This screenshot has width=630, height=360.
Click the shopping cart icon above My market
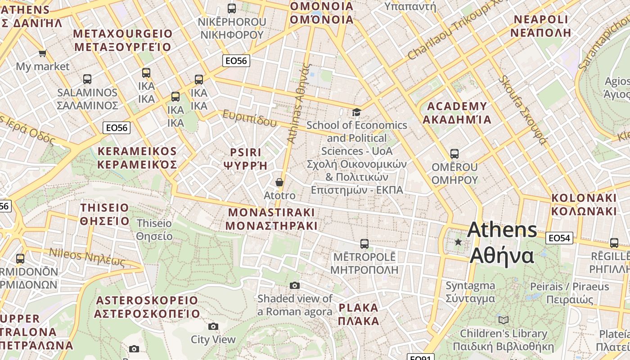(x=43, y=54)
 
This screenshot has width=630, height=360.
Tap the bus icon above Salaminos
(x=87, y=79)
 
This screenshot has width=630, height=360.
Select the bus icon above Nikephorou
(x=232, y=8)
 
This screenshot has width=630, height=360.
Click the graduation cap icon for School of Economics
(x=356, y=112)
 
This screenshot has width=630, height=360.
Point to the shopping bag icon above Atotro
(x=279, y=182)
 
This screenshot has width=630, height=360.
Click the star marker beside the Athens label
(x=458, y=242)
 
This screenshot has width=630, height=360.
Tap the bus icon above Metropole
(x=364, y=244)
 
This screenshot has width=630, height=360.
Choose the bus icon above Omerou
(x=454, y=154)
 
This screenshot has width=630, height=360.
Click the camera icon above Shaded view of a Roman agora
(x=295, y=285)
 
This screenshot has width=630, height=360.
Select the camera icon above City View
(x=213, y=326)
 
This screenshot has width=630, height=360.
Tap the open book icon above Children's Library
(x=504, y=320)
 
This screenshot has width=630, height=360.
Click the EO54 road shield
(x=559, y=238)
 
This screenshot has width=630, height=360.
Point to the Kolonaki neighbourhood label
(x=584, y=204)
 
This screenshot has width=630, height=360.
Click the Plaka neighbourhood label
(x=359, y=314)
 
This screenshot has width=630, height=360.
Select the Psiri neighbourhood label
(x=246, y=158)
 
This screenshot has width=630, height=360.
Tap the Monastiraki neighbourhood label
(x=272, y=219)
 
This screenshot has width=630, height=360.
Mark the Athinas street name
(x=299, y=103)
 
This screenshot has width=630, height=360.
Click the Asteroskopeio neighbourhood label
(x=147, y=307)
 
